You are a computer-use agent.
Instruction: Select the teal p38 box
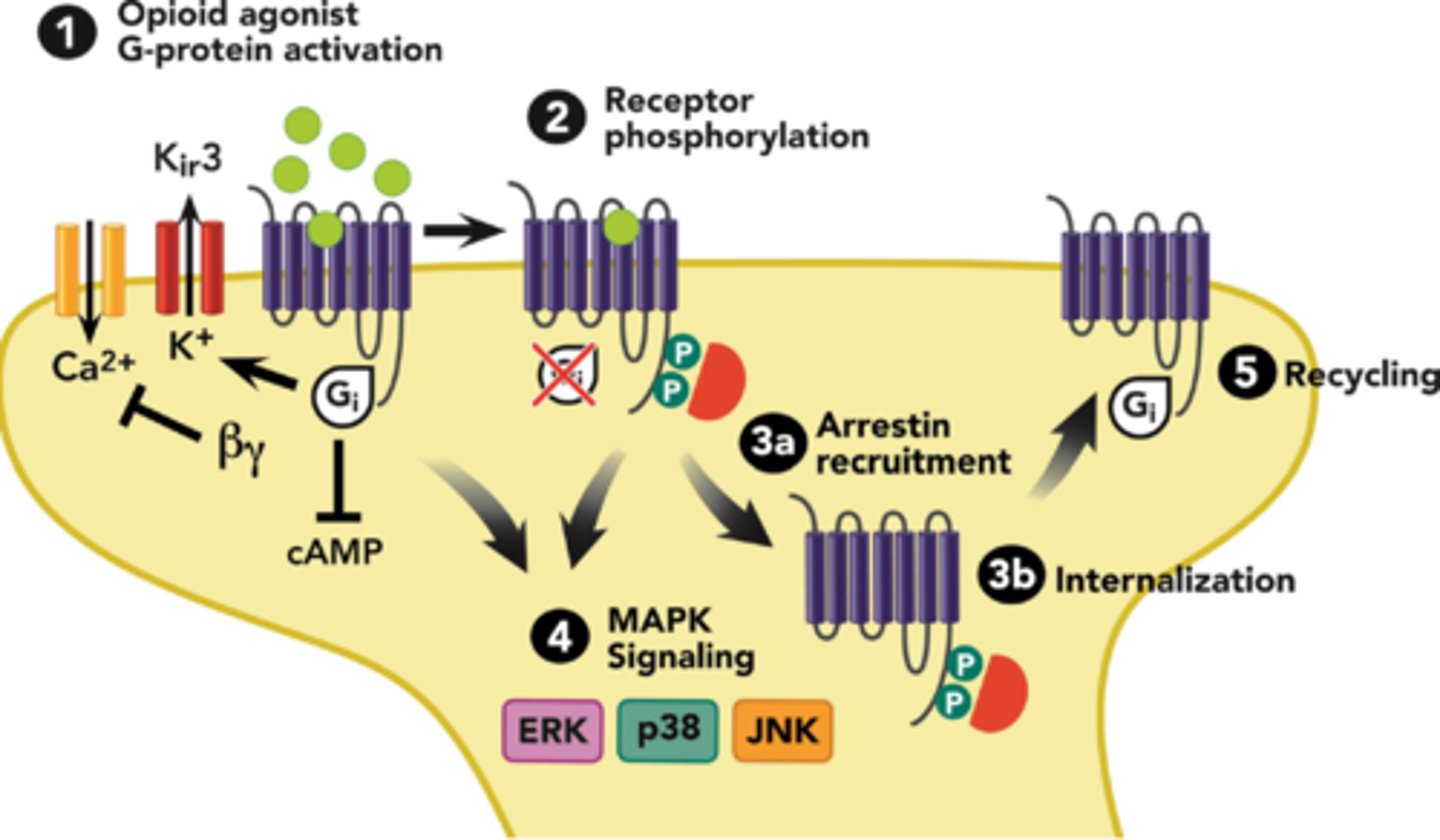pos(667,731)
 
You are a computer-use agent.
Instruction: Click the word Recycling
pos(1360,377)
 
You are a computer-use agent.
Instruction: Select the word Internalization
pos(1175,580)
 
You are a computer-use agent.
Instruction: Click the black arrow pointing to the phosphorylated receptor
pos(463,232)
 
